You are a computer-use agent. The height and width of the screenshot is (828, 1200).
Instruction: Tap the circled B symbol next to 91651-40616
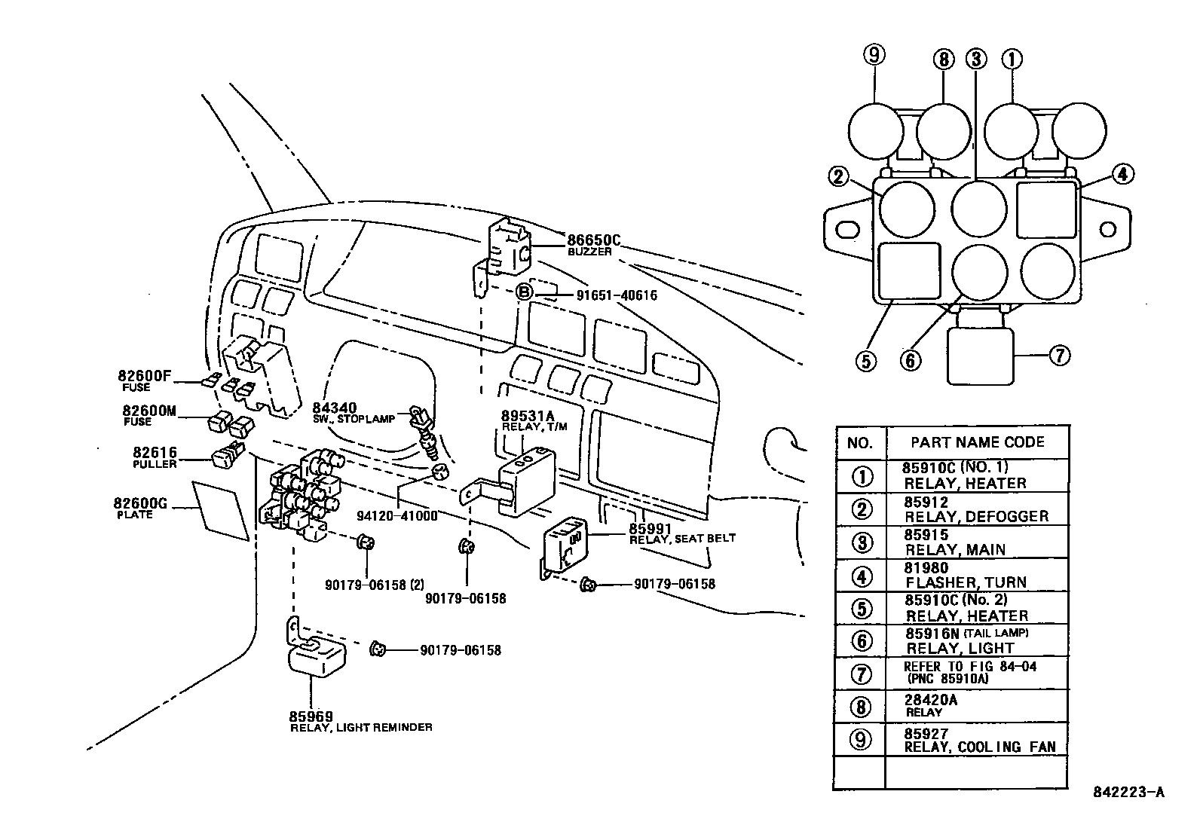525,293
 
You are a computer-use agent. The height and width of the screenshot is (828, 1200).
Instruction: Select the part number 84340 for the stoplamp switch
335,408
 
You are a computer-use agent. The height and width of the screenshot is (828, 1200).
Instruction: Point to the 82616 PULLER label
155,453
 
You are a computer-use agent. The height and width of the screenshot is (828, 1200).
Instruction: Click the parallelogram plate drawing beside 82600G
221,510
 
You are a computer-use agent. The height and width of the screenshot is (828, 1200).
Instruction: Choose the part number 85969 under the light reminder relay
311,716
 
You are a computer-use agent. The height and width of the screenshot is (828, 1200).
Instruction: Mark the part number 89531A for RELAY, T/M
528,416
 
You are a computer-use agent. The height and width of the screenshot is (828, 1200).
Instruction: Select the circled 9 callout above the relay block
874,55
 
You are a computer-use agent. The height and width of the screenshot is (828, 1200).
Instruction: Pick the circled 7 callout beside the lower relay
1059,355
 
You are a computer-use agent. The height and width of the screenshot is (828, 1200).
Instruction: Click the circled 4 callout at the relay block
1122,174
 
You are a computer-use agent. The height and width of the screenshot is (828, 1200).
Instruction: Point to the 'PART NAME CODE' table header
978,442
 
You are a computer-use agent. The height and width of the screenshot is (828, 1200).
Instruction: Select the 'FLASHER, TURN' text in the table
966,582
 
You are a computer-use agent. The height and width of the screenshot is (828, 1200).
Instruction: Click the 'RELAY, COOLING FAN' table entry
980,747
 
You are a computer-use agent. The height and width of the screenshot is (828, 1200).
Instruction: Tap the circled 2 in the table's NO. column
862,510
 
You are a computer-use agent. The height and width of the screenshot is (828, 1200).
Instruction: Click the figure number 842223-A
1128,792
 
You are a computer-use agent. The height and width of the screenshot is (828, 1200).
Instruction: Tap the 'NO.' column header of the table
860,443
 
